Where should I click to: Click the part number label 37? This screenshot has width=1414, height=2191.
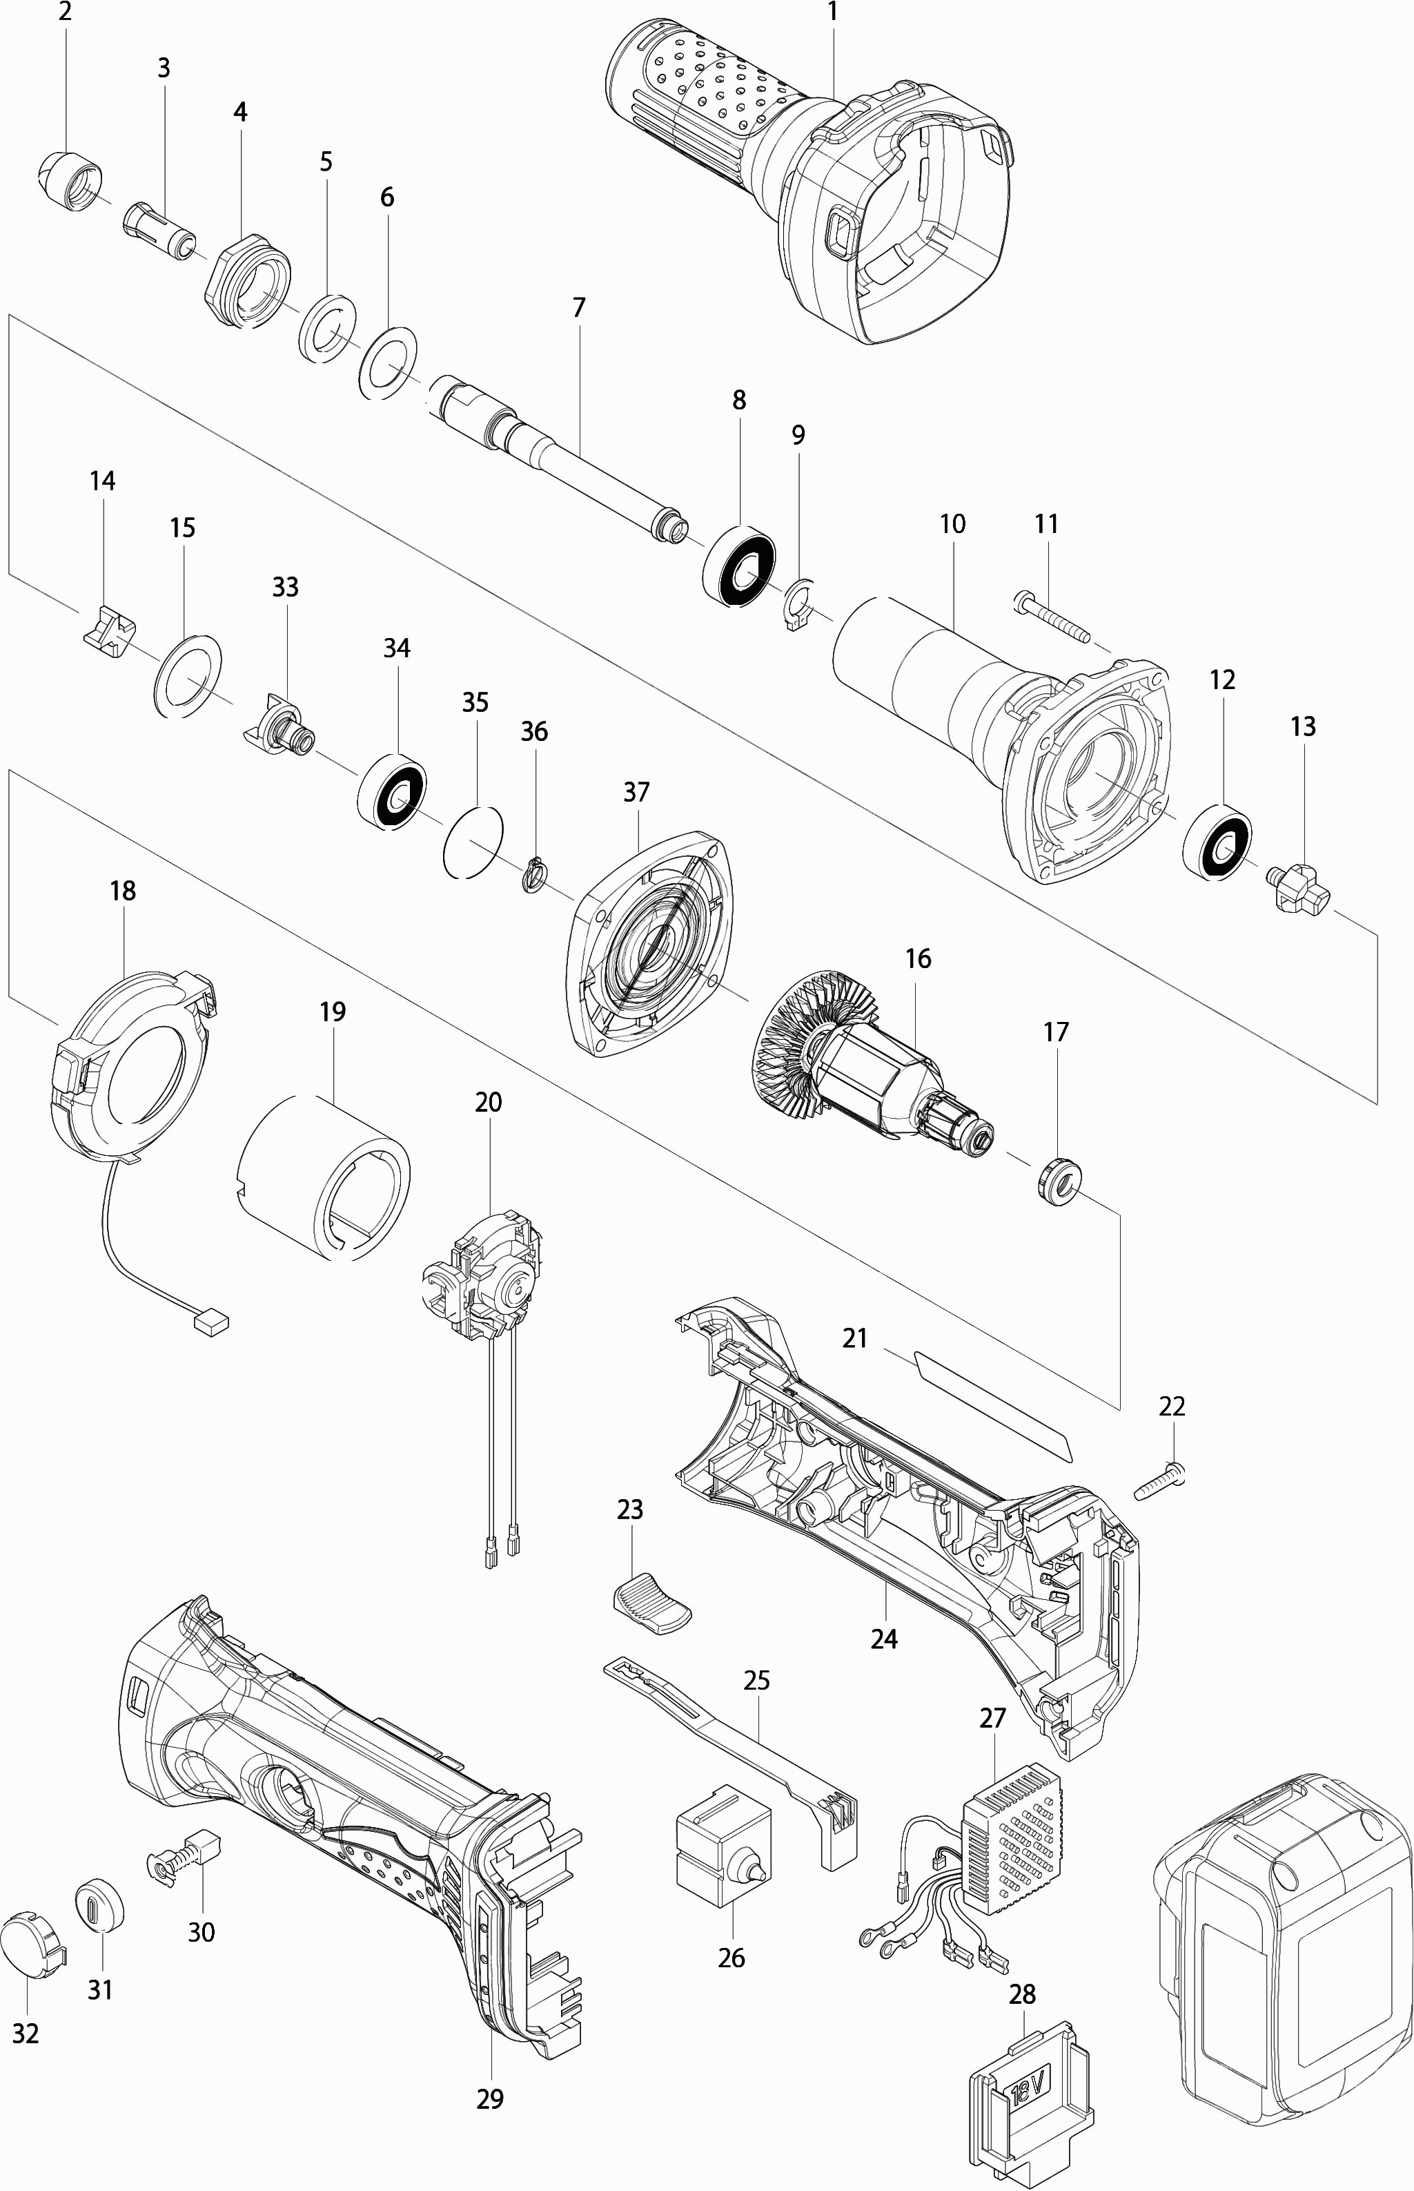pyautogui.click(x=636, y=792)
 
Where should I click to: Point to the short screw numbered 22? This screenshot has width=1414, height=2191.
pyautogui.click(x=1161, y=1480)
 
